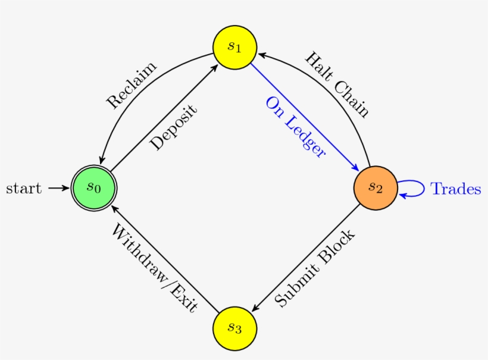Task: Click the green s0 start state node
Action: (93, 187)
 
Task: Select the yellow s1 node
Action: (234, 47)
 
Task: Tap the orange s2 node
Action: (375, 187)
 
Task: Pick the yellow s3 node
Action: (234, 328)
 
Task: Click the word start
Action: (24, 189)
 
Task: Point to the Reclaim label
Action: (132, 85)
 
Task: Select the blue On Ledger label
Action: (296, 127)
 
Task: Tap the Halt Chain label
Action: (337, 84)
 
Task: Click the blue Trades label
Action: (455, 189)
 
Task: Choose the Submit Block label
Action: (315, 268)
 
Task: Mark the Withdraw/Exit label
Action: (153, 268)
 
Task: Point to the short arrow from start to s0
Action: (58, 188)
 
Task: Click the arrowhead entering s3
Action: (255, 308)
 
